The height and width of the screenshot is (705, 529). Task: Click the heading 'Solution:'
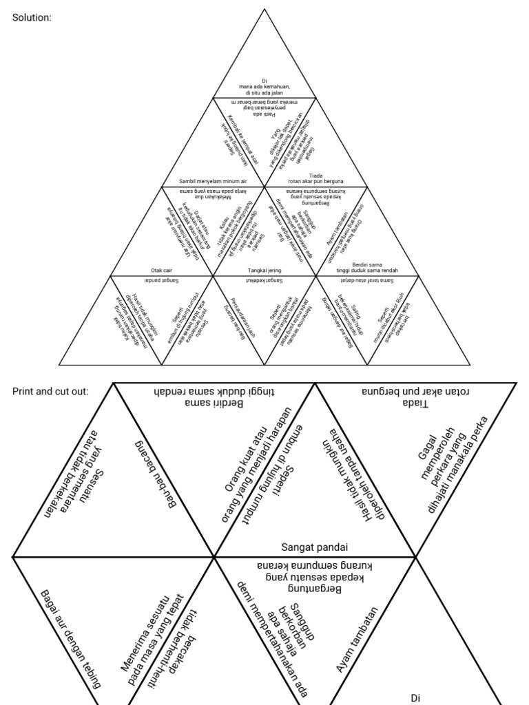point(32,17)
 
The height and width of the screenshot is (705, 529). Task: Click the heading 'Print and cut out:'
point(50,391)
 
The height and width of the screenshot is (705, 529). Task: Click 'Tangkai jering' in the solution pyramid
point(264,271)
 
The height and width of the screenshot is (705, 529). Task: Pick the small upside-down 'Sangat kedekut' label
point(264,282)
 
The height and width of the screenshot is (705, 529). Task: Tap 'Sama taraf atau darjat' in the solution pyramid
point(368,282)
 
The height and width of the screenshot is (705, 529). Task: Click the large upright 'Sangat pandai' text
point(314,547)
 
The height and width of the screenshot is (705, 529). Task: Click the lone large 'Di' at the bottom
point(415,697)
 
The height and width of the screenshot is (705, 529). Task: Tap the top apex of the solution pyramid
point(264,8)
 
